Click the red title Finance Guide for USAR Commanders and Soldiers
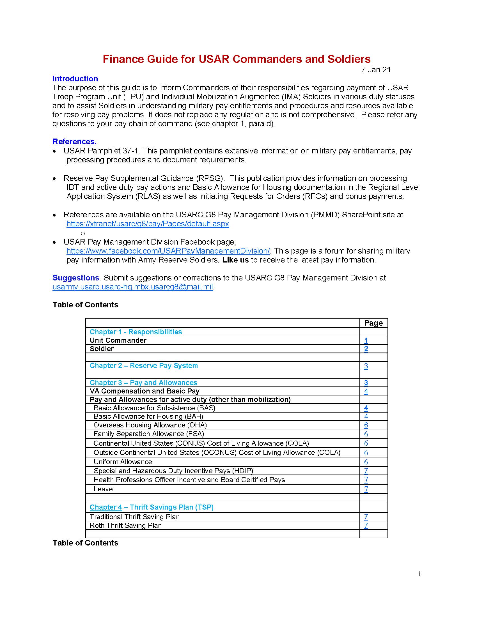(x=236, y=59)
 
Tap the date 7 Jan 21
(x=375, y=70)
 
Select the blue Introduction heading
(x=75, y=79)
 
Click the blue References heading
(x=74, y=141)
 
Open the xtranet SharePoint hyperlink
(x=148, y=224)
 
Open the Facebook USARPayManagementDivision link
(x=168, y=251)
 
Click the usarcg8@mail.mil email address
(x=132, y=287)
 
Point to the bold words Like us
(x=235, y=260)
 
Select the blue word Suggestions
(x=75, y=278)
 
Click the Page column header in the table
(x=373, y=323)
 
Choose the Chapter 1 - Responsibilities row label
(x=136, y=332)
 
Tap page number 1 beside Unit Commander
(x=366, y=340)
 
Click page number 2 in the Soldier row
(x=366, y=349)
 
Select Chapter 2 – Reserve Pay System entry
(x=144, y=365)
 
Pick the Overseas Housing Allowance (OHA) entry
(x=150, y=425)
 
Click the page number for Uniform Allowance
(x=366, y=462)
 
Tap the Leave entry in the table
(x=103, y=489)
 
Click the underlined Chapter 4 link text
(x=106, y=507)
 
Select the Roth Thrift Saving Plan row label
(x=125, y=526)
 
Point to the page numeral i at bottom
(x=420, y=574)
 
